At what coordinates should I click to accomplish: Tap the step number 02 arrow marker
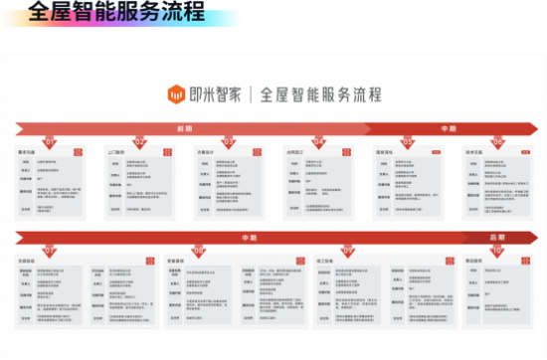pyautogui.click(x=140, y=141)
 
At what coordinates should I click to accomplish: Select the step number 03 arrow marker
pyautogui.click(x=229, y=141)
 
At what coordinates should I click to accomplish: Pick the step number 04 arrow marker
pyautogui.click(x=319, y=141)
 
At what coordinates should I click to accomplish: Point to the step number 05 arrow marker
pyautogui.click(x=408, y=141)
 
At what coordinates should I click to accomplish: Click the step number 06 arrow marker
pyautogui.click(x=497, y=141)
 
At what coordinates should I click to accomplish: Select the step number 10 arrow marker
pyautogui.click(x=497, y=251)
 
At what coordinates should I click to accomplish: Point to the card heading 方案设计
pyautogui.click(x=205, y=152)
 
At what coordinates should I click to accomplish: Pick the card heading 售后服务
pyautogui.click(x=474, y=262)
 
